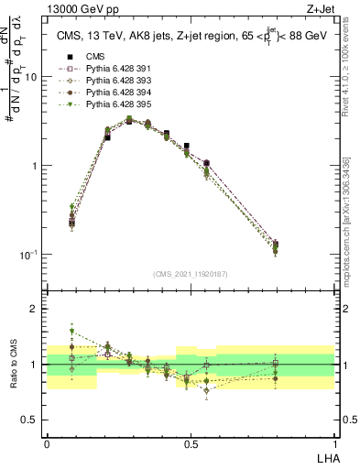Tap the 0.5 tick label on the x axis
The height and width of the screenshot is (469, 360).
190,442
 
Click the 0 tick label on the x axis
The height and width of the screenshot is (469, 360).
47,442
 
